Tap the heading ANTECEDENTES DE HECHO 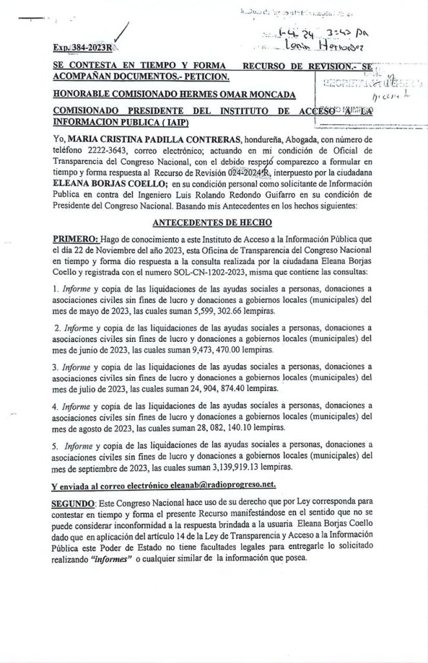(x=214, y=221)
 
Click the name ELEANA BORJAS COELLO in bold (x=98, y=185)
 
